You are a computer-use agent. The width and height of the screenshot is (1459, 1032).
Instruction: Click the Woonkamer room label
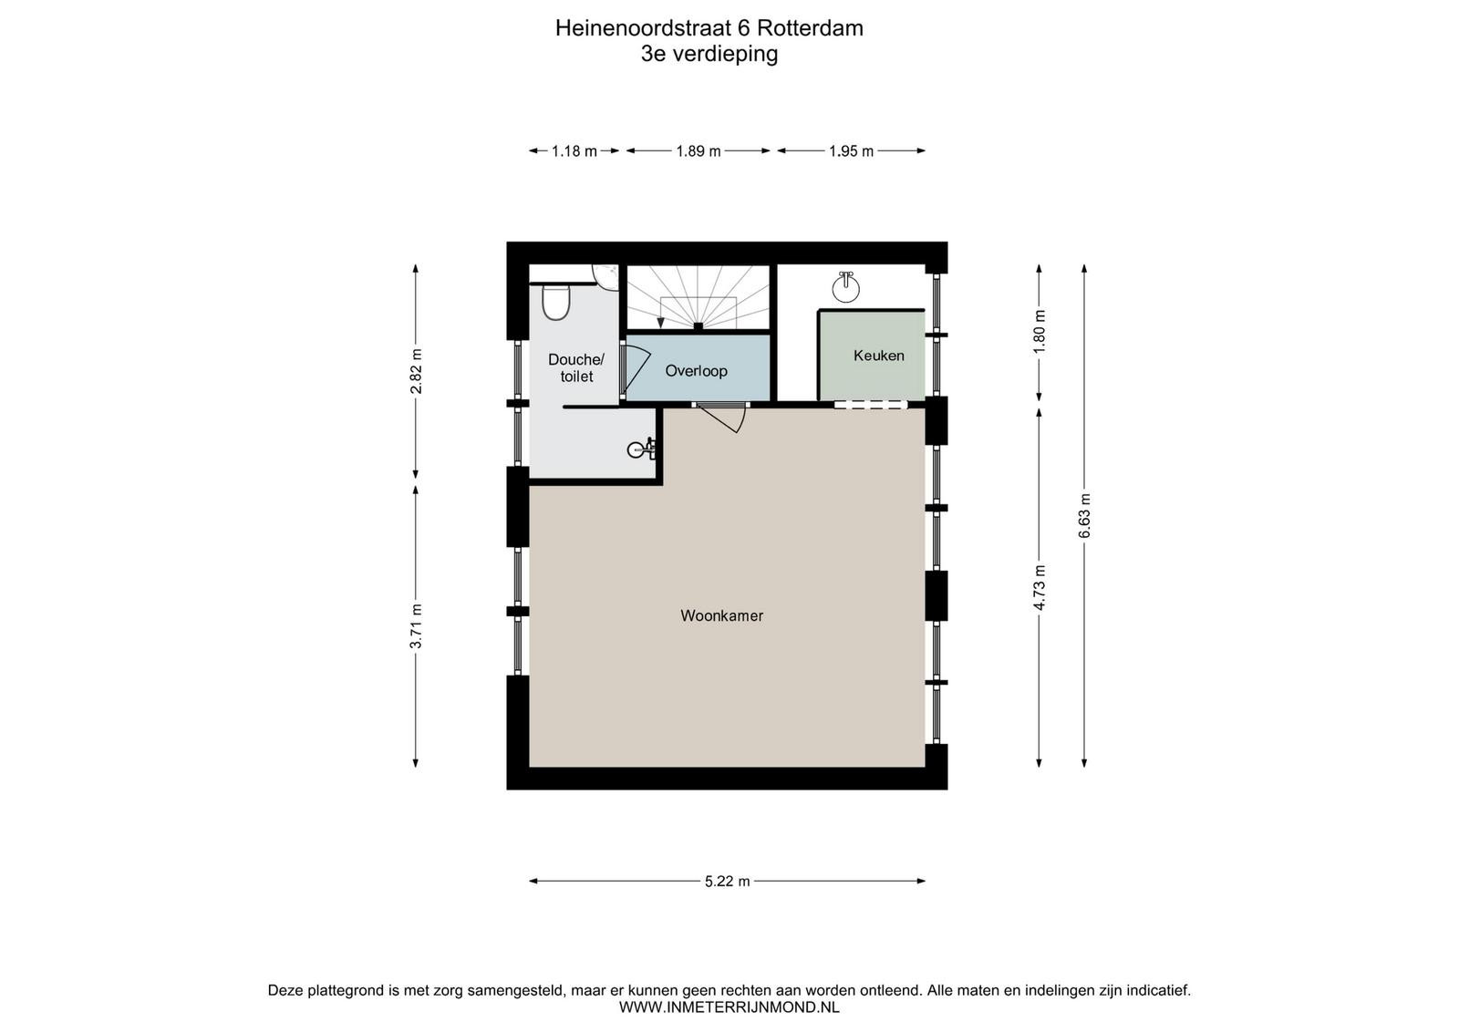click(x=721, y=615)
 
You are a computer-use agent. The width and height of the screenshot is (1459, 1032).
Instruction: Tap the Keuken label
click(x=879, y=356)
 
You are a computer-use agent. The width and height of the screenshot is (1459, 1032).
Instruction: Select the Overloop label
click(x=697, y=371)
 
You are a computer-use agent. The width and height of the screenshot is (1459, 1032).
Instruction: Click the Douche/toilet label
click(x=576, y=368)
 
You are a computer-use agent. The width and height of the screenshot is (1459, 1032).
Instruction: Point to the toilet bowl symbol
click(x=556, y=303)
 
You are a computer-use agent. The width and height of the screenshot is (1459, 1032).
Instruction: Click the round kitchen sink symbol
click(x=846, y=287)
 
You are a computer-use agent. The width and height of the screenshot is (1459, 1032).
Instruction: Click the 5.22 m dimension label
click(x=728, y=882)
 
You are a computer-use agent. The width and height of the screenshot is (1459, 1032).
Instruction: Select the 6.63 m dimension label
click(x=1084, y=516)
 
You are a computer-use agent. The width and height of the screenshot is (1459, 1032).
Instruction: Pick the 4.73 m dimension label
click(x=1040, y=587)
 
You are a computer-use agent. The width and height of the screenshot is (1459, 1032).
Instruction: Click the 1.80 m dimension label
click(x=1040, y=332)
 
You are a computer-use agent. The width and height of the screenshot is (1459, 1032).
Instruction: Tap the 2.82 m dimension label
click(x=416, y=371)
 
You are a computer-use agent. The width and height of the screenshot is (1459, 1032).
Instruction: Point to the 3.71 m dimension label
click(x=416, y=626)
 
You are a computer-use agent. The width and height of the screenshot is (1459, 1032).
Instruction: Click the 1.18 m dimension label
click(x=574, y=151)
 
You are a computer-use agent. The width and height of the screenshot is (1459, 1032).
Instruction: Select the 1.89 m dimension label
click(x=698, y=151)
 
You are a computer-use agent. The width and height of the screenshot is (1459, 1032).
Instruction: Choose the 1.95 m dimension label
click(x=852, y=151)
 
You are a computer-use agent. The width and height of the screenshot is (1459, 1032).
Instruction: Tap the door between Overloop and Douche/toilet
click(x=635, y=372)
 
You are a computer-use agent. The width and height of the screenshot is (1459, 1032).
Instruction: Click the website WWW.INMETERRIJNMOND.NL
click(x=729, y=1007)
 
